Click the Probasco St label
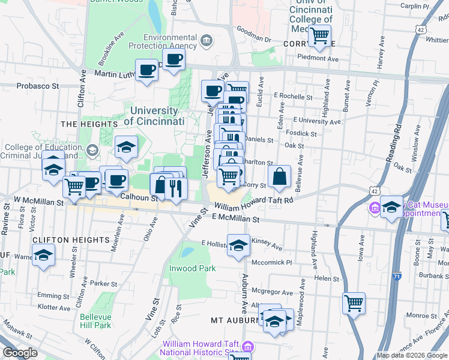click(37, 86)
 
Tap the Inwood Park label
click(192, 268)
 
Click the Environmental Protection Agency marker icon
click(206, 41)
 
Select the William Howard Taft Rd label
click(254, 204)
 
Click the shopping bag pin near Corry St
click(279, 177)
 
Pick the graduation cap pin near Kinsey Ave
click(238, 246)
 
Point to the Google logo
click(20, 353)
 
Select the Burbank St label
click(431, 275)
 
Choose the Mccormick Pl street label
click(271, 262)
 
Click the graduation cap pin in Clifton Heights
click(44, 256)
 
